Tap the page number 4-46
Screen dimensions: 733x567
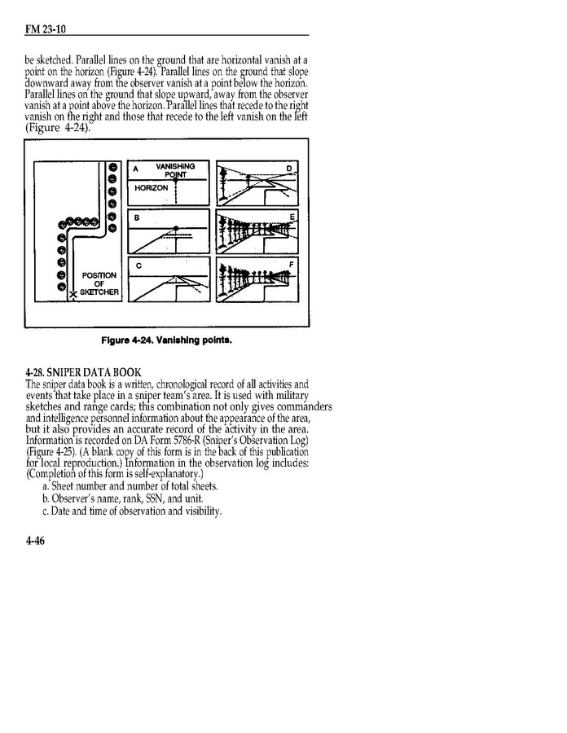[37, 544]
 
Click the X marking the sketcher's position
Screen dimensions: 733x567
[73, 294]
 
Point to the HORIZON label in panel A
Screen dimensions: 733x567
[151, 188]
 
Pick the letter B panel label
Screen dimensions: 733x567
[137, 218]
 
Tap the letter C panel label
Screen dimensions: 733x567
[138, 266]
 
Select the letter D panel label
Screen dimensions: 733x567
[289, 169]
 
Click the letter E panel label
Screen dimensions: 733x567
[291, 217]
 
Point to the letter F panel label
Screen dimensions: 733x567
[291, 265]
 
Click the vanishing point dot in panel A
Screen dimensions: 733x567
[175, 180]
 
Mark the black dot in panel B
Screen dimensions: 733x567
[175, 229]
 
